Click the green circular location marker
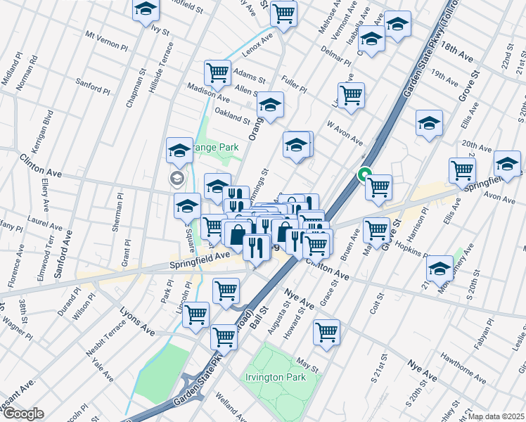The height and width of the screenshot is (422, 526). click(x=365, y=174)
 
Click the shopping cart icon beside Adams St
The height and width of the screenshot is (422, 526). click(x=218, y=72)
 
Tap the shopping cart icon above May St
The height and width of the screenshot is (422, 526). click(x=326, y=332)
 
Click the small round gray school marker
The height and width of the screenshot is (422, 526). click(x=175, y=179)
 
